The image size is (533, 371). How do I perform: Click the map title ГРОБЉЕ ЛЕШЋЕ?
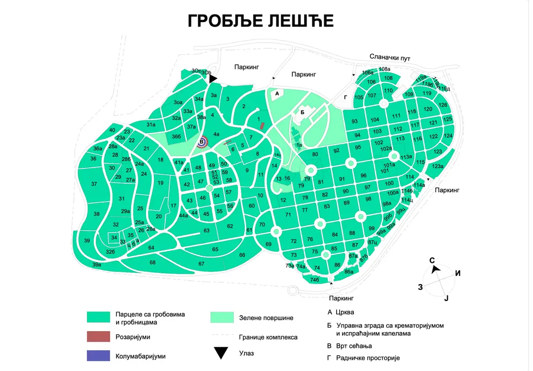(x=261, y=21)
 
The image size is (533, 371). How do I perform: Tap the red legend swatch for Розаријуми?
(x=98, y=336)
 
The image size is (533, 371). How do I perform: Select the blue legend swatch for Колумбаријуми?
(x=98, y=356)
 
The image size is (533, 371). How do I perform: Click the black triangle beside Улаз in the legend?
(x=221, y=353)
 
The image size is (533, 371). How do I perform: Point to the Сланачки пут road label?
(x=390, y=58)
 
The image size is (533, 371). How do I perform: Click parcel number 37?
(x=94, y=184)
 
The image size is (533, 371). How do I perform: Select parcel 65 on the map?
(x=215, y=249)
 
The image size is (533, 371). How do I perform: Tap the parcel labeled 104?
(x=375, y=120)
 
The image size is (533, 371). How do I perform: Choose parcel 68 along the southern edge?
(x=152, y=262)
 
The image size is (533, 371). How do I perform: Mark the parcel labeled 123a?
(x=438, y=166)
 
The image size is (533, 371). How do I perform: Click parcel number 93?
(x=354, y=122)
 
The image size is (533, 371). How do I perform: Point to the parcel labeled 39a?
(x=97, y=265)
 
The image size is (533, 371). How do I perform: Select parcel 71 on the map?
(x=288, y=215)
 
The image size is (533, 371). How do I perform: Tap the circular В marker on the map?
(x=201, y=142)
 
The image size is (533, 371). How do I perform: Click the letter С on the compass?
(x=432, y=260)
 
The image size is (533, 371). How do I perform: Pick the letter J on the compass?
(x=446, y=298)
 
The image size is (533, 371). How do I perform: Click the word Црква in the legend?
(x=344, y=312)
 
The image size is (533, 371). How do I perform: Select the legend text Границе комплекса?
(x=268, y=337)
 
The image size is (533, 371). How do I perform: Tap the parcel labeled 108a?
(x=384, y=69)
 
